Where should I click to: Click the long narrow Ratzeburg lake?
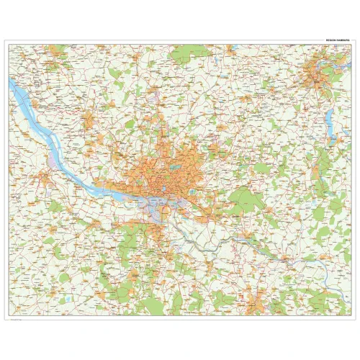pos(333,130)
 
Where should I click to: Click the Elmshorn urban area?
pos(90,119)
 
